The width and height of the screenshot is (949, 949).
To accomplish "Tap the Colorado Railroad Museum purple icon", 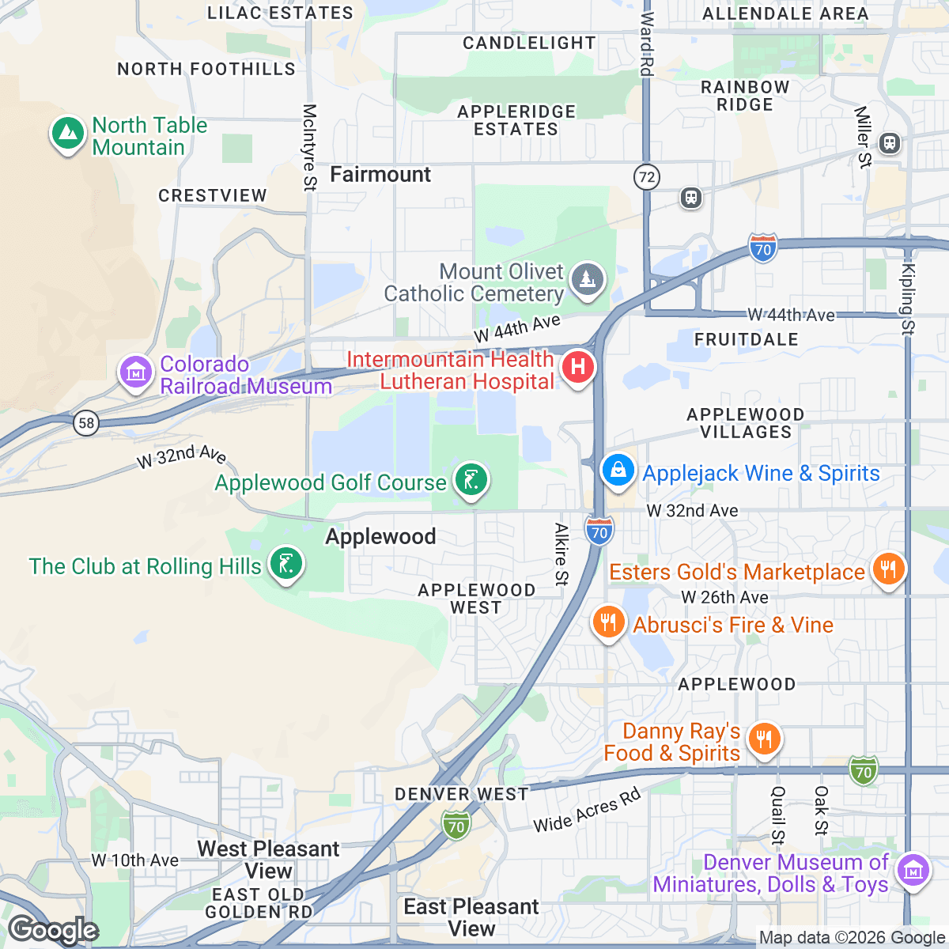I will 136,372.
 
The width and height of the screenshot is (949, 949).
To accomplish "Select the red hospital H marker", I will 578,368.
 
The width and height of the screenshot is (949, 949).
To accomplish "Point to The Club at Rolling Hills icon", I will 285,565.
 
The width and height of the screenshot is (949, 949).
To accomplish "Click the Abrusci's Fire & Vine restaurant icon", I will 607,622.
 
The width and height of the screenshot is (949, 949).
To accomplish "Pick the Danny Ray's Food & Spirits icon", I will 763,739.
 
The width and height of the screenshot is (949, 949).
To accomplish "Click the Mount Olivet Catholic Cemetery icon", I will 587,279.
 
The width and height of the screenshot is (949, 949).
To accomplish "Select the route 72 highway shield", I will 647,176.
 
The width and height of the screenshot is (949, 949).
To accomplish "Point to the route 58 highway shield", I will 86,422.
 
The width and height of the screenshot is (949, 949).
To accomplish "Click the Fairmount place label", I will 380,175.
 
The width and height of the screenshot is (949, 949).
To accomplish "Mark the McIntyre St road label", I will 309,147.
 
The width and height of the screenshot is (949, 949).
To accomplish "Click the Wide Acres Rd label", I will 587,811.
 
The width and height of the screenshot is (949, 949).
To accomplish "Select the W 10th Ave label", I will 134,860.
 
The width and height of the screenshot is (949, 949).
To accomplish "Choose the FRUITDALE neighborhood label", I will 746,339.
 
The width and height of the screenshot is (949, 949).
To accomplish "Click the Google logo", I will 53,930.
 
